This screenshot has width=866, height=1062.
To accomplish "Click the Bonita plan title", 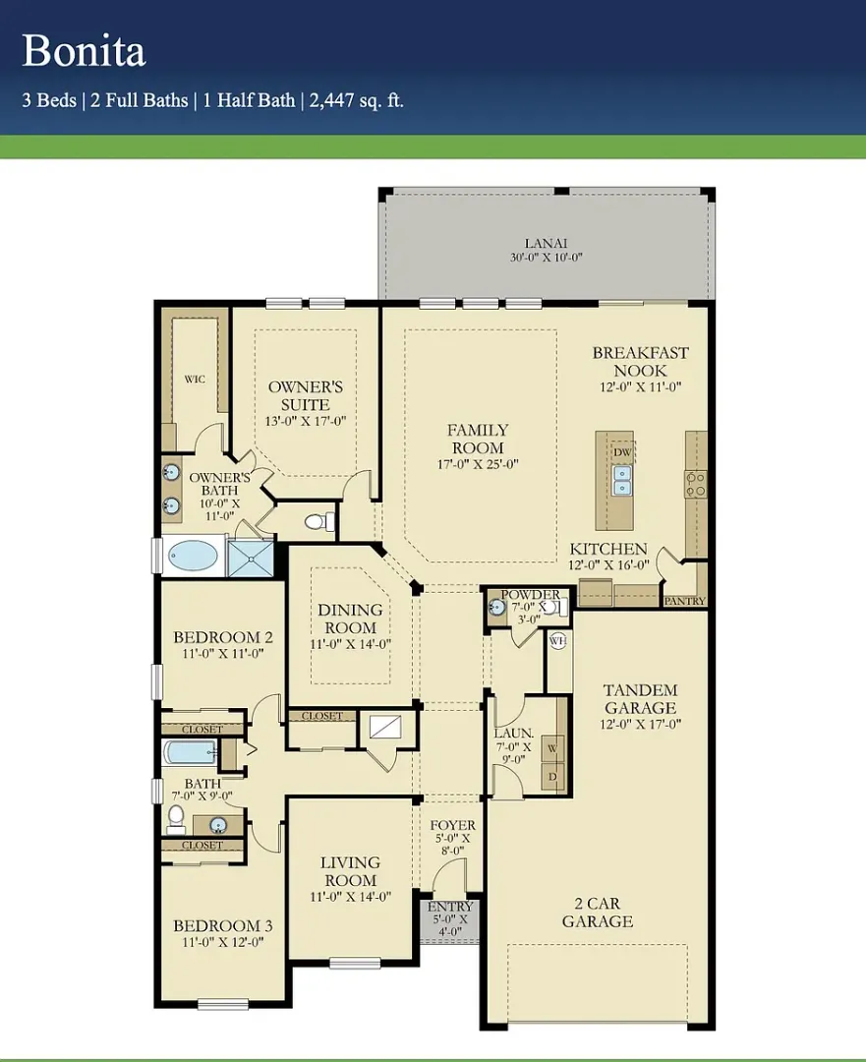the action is pos(84,51).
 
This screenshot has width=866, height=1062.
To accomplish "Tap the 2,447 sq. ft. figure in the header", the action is pos(356,100).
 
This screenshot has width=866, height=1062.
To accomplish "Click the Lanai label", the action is pos(546,243).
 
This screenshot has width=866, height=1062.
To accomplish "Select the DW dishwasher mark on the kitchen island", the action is pos(622,452).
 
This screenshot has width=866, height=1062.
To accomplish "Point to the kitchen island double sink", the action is pos(622,480).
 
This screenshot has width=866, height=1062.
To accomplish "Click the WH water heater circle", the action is pos(558,640).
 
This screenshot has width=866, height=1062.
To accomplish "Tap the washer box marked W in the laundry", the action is pos(552,748).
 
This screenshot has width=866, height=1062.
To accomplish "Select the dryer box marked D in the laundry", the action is pos(552,776).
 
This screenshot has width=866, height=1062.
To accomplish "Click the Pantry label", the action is pos(684,601).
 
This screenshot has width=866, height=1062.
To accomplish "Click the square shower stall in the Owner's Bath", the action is pos(251,559).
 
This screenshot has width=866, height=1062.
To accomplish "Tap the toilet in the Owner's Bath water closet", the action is pos(318,521).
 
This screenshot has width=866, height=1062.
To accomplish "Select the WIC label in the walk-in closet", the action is pos(195,380).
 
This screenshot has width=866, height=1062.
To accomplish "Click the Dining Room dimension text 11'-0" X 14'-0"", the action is pos(351,644).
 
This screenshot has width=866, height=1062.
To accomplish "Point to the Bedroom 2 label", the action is pos(223,636).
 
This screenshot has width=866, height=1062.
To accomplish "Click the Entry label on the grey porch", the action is pos(450,907).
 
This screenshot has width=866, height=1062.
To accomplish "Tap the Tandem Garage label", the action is pos(641,699).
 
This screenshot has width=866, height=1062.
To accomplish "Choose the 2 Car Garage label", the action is pos(598,913).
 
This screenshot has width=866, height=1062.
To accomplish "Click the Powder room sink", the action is pos(497,607).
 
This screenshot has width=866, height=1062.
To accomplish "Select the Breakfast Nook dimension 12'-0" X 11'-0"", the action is pos(641,387).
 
